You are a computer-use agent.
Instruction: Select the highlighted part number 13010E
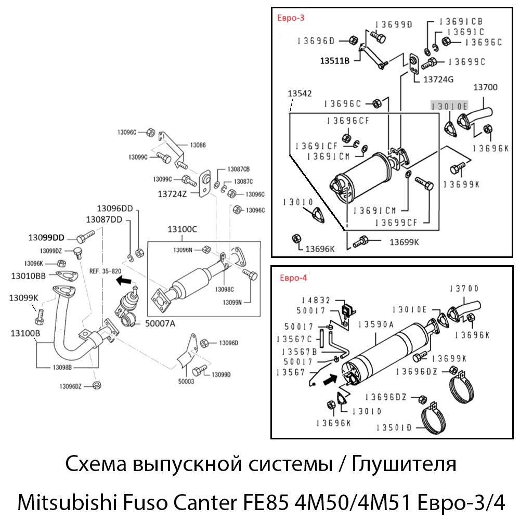click(449, 106)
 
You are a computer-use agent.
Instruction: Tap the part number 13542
click(300, 94)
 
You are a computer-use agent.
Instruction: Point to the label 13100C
click(182, 229)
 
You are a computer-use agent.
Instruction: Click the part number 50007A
click(160, 323)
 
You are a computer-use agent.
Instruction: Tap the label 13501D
click(394, 427)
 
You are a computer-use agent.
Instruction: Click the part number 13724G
click(438, 80)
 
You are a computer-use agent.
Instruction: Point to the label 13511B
click(335, 61)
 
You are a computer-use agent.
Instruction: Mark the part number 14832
click(316, 301)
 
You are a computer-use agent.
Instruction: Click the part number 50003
click(186, 381)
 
